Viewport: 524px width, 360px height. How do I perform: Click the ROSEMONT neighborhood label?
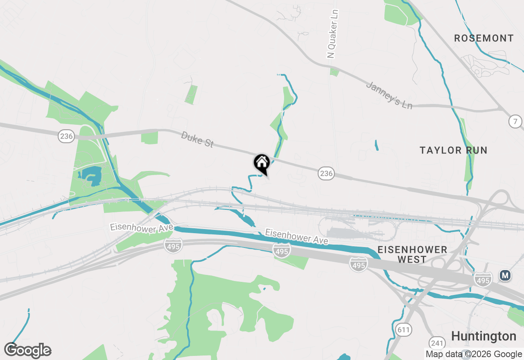click(483, 38)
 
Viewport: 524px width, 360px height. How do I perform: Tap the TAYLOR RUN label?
click(453, 151)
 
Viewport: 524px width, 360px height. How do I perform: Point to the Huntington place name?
click(483, 336)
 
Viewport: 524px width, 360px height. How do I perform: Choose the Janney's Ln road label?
click(389, 95)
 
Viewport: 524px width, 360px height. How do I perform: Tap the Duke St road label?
click(197, 140)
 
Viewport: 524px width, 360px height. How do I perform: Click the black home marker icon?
click(262, 163)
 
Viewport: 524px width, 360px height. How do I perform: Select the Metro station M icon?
click(505, 276)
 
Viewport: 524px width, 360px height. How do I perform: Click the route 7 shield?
click(515, 121)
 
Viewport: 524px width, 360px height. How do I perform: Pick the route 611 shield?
click(403, 329)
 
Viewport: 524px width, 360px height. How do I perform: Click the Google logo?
click(28, 351)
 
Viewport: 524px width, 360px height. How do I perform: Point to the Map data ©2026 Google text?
click(474, 354)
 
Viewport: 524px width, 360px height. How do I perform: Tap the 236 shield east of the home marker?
click(326, 173)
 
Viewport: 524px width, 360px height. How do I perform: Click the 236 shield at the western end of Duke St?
click(66, 136)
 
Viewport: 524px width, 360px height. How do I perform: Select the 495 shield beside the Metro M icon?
click(483, 280)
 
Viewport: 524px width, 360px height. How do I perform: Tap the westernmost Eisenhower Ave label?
click(142, 227)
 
